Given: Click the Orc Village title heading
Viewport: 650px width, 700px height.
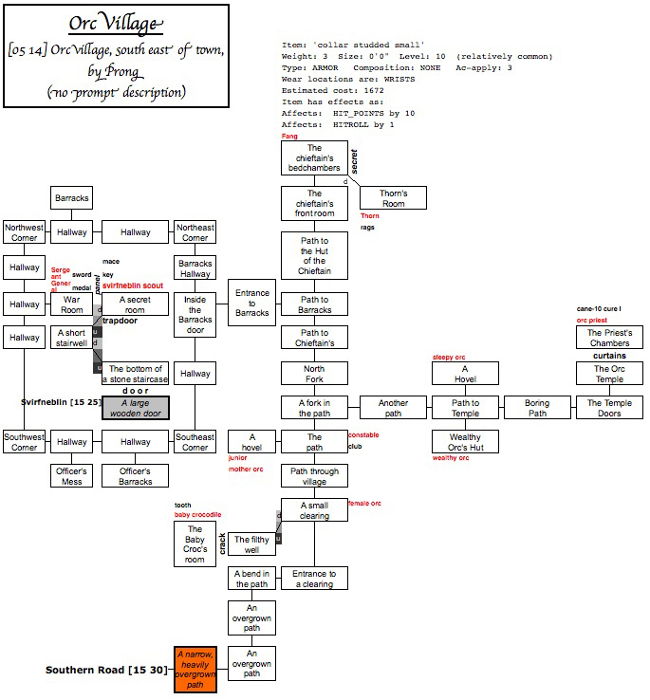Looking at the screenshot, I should click(x=116, y=25).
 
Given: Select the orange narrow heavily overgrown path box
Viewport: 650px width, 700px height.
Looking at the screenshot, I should click(x=195, y=669).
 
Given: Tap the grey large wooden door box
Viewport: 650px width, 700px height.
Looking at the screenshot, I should click(x=136, y=408).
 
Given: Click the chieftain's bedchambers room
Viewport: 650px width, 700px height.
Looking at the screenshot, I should click(x=314, y=157).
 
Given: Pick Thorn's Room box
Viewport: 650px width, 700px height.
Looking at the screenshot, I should click(x=393, y=198).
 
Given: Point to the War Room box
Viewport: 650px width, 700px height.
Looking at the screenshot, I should click(x=72, y=304).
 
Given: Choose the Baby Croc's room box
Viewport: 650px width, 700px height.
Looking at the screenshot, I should click(x=195, y=544).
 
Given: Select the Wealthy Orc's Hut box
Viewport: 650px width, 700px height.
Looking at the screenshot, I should click(x=465, y=442).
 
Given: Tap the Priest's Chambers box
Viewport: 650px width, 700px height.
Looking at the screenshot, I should click(x=609, y=338).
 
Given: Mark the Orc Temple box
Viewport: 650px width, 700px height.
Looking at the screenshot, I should click(x=609, y=374).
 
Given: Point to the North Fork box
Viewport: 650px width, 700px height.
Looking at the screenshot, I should click(x=314, y=374).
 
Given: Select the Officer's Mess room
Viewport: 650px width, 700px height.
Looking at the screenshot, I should click(x=72, y=476).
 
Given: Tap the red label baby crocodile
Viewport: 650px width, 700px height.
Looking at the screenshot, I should click(x=197, y=515).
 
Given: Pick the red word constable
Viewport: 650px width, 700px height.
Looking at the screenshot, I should click(x=364, y=435).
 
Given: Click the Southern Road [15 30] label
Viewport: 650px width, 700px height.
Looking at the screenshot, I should click(x=106, y=670).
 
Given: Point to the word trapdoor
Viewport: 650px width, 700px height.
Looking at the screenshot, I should click(x=121, y=321).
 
